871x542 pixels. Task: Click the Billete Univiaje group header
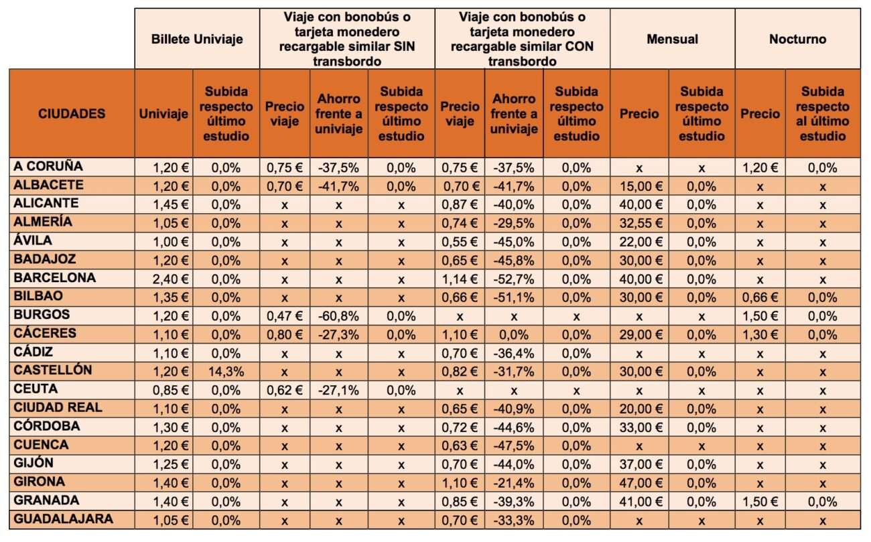point(197,39)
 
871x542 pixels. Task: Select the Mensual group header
point(672,39)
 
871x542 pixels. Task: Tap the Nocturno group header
point(797,39)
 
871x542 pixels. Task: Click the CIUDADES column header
point(72,113)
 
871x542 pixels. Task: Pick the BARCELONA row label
point(54,277)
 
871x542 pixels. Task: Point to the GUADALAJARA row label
point(64,519)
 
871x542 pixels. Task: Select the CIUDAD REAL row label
point(58,407)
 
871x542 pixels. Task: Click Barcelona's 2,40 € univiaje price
point(171,279)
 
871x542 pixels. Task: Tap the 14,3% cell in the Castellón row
point(226,372)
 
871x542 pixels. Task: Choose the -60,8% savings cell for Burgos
point(338,316)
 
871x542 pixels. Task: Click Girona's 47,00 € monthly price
point(641,483)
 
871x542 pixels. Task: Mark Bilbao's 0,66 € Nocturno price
point(760,297)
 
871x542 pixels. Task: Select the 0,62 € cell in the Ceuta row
point(284,390)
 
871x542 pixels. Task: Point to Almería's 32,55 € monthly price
point(641,223)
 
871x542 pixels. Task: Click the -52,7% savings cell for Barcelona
point(514,279)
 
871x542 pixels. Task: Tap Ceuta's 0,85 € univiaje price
point(171,390)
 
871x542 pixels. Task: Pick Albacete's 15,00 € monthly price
point(641,186)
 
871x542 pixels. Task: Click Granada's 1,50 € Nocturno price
point(760,502)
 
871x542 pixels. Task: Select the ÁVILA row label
point(33,241)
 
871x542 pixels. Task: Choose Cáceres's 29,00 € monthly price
point(641,334)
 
